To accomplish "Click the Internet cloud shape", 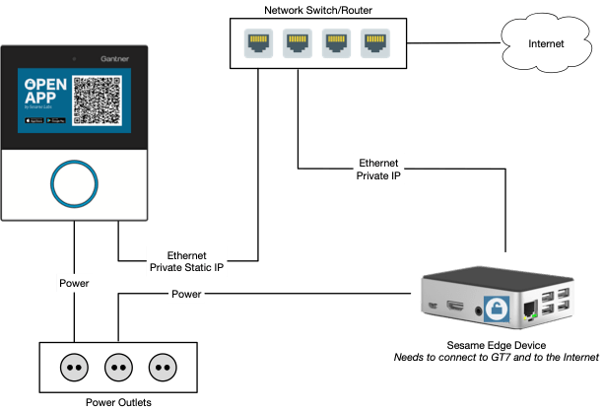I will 547,43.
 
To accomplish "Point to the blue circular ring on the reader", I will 73,183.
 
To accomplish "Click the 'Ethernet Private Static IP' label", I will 186,259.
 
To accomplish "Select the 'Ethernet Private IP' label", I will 379,169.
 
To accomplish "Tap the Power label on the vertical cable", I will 74,284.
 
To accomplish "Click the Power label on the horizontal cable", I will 187,294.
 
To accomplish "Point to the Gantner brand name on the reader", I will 116,59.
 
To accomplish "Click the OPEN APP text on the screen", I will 45,92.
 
